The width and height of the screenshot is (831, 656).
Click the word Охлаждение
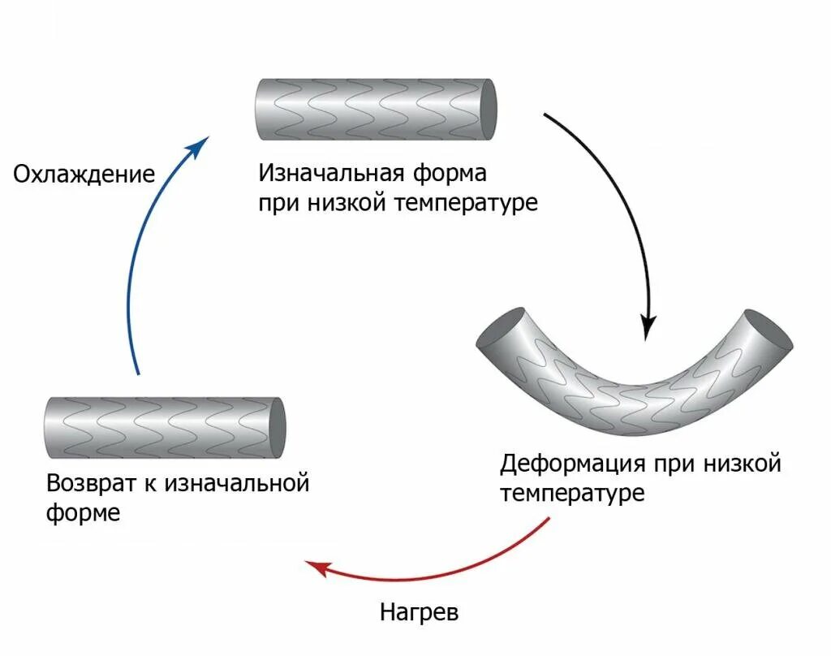pos(84,175)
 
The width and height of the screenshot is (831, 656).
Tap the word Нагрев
pos(419,611)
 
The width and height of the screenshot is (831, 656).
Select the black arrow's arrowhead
pos(648,326)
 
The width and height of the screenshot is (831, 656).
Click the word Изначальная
pos(332,174)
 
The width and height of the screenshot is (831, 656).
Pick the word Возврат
pos(88,484)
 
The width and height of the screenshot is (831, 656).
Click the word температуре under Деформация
pos(572,493)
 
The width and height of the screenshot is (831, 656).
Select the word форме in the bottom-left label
pos(83,513)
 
